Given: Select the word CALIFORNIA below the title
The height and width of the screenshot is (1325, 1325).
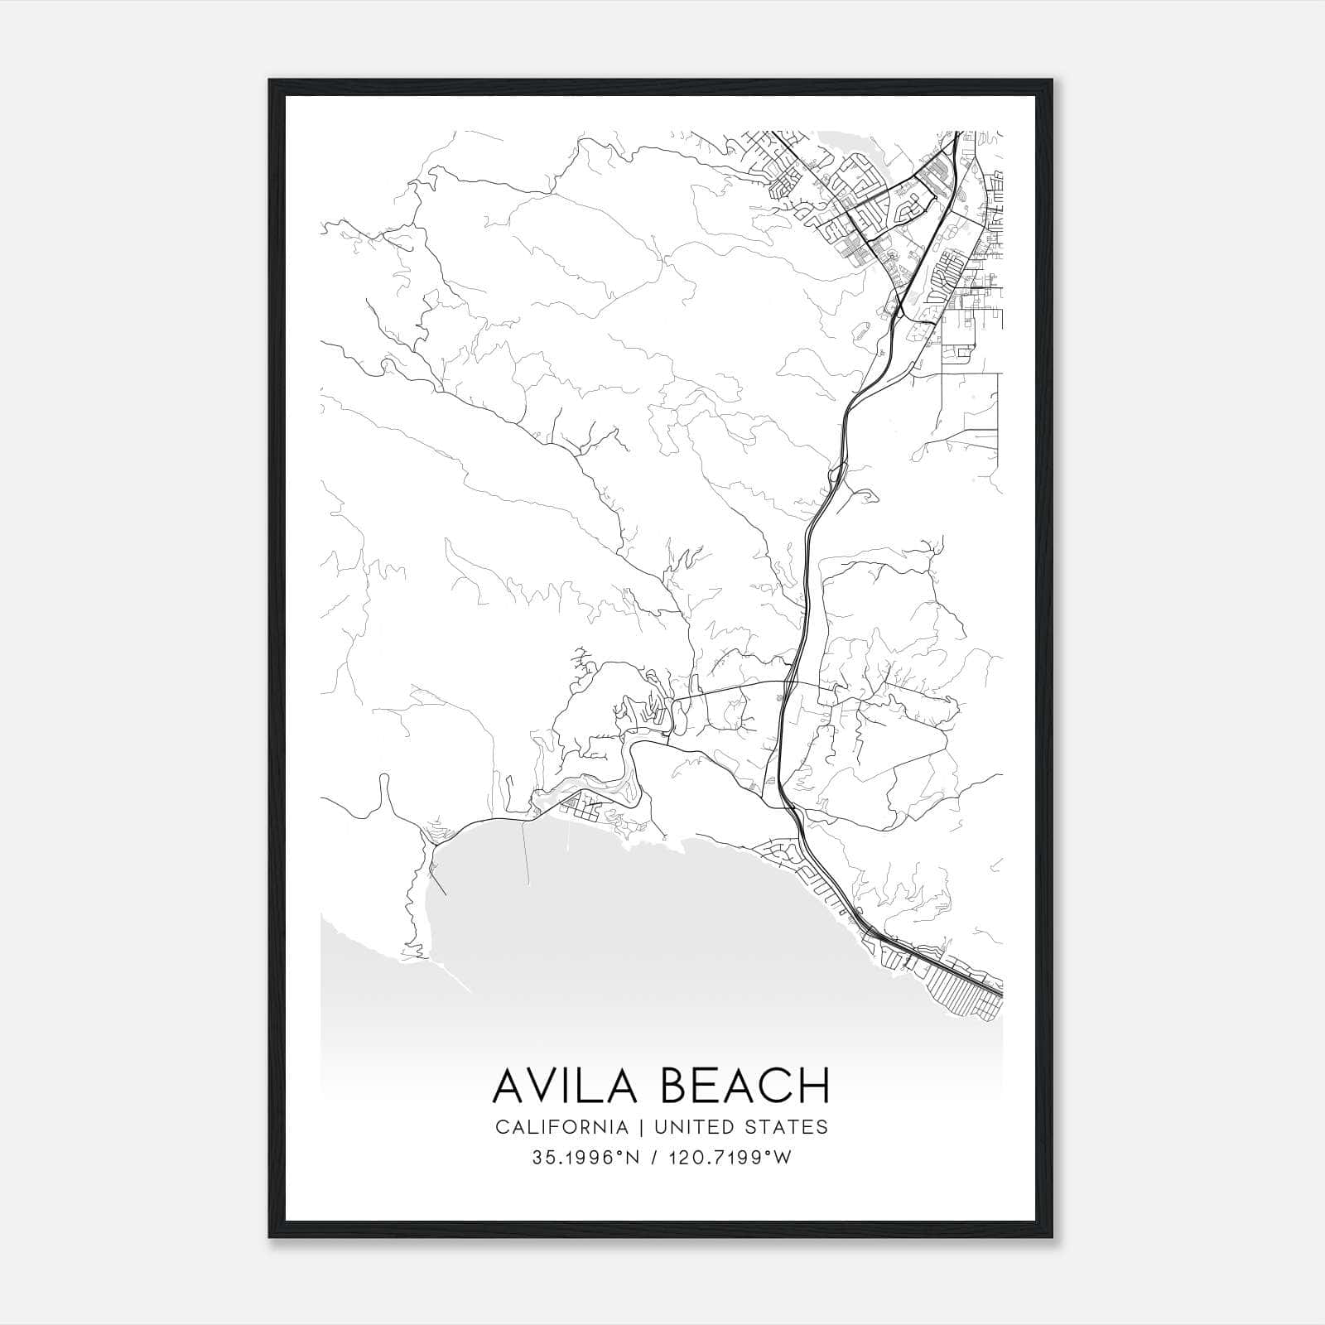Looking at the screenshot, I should [561, 1127].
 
